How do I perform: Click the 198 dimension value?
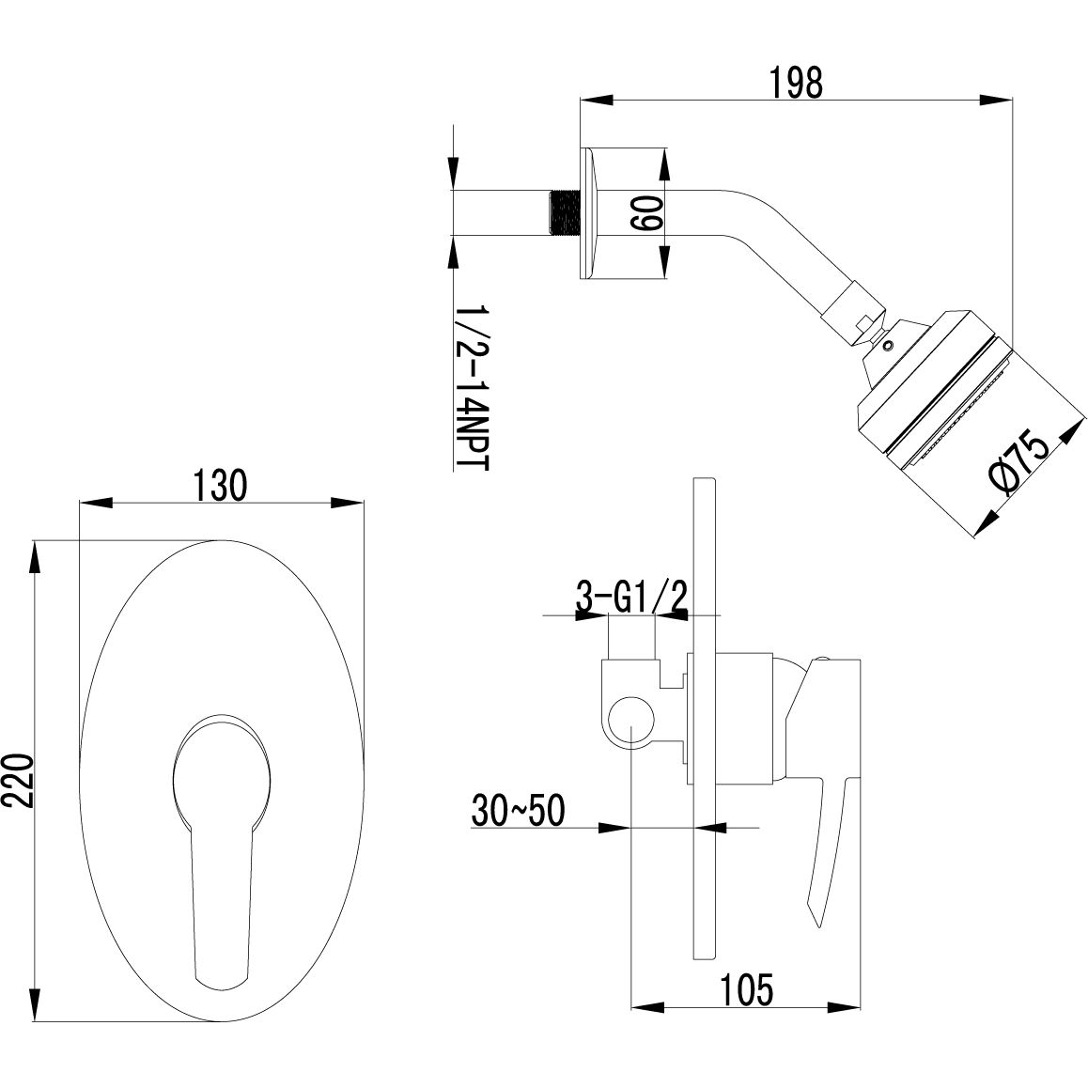pos(795,83)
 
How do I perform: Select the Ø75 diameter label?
pos(1020,465)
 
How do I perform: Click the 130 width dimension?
pos(220,487)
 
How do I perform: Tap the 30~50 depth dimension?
pos(520,810)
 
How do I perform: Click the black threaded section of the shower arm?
pos(563,213)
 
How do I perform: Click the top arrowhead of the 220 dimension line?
pos(36,554)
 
